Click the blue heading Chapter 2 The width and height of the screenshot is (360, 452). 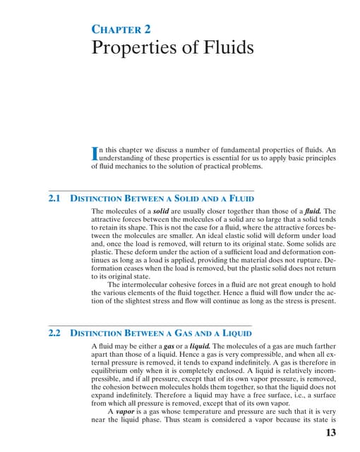pyautogui.click(x=122, y=30)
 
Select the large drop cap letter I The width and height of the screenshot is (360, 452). pyautogui.click(x=96, y=153)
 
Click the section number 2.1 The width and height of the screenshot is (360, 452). pyautogui.click(x=55, y=198)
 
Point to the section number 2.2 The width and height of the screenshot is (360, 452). pyautogui.click(x=55, y=332)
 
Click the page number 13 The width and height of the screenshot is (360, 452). pyautogui.click(x=327, y=434)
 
